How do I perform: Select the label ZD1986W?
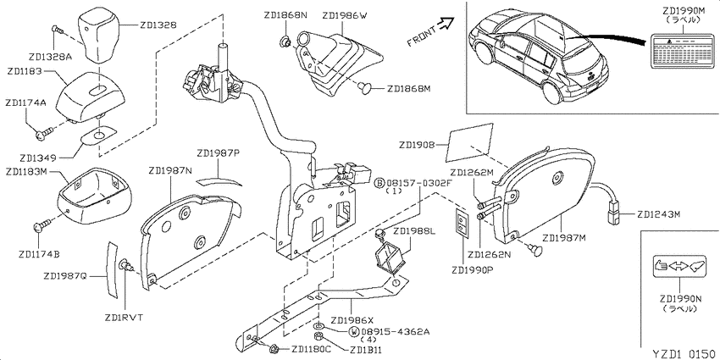tap(345, 15)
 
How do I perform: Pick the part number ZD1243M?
tap(658, 214)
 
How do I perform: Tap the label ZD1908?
tap(417, 145)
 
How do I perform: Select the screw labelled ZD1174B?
tap(42, 225)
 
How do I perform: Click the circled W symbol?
tap(353, 332)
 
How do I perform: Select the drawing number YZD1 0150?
tap(684, 354)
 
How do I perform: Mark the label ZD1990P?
tap(472, 270)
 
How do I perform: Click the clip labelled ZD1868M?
tap(367, 87)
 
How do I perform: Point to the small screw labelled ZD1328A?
tap(58, 31)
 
